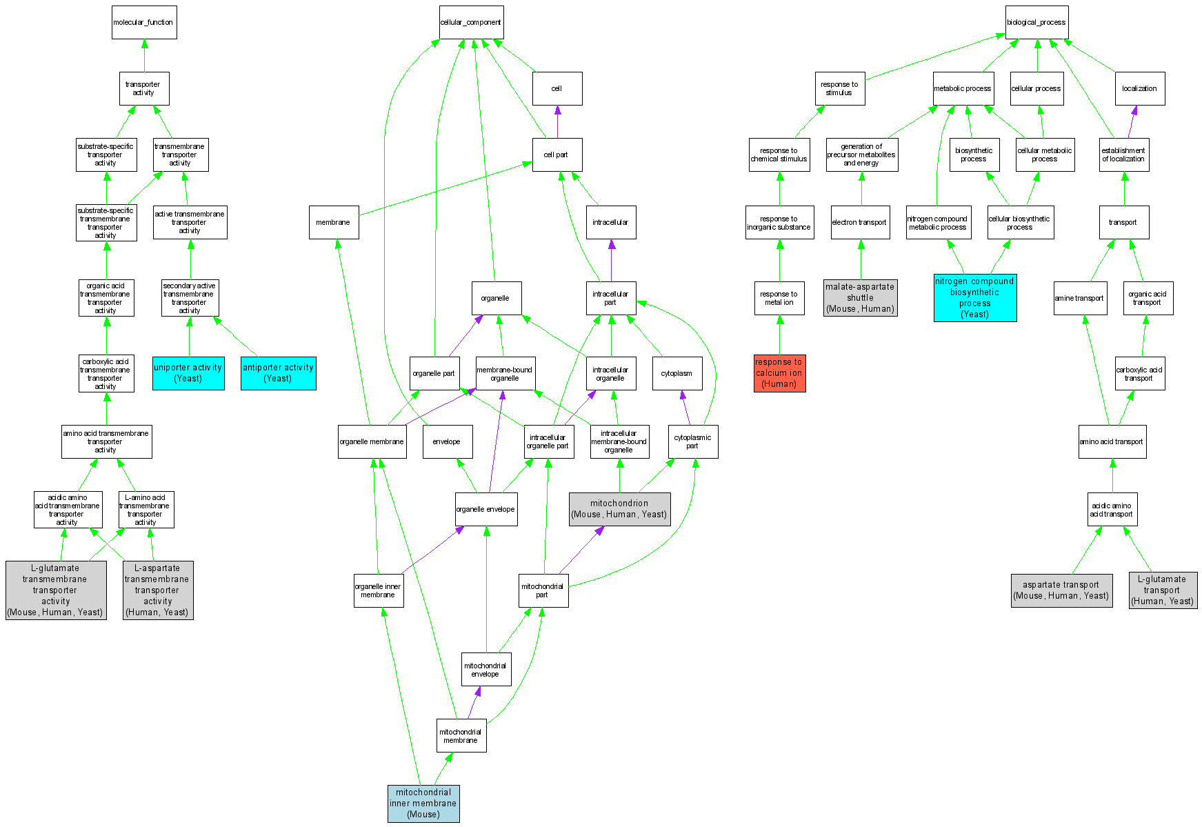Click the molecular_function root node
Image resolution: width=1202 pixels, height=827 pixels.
click(144, 23)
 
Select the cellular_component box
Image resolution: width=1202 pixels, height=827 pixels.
click(471, 23)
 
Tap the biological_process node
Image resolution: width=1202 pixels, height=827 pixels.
click(1036, 23)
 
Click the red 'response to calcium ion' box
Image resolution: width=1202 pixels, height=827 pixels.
click(779, 373)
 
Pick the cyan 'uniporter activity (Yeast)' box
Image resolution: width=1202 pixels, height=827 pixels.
click(188, 373)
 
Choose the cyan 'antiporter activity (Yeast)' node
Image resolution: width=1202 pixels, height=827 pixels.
click(278, 373)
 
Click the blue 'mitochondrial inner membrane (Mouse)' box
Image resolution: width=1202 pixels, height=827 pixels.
click(423, 804)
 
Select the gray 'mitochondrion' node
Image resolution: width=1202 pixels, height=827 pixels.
click(619, 509)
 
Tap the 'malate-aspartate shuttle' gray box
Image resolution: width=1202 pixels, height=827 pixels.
click(861, 298)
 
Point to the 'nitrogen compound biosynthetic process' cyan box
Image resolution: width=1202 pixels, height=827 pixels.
click(974, 298)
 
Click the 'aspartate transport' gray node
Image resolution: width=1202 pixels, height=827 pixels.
click(1061, 590)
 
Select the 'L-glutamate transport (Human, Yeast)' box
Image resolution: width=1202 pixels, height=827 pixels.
click(1162, 590)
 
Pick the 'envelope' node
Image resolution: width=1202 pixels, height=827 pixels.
click(447, 441)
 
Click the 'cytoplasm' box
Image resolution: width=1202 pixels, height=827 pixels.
click(677, 373)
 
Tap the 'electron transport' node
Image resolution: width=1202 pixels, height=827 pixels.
click(860, 222)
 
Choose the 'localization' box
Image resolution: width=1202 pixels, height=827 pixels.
click(1139, 88)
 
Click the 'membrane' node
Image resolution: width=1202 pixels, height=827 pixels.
click(334, 222)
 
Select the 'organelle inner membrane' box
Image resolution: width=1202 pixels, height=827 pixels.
click(378, 590)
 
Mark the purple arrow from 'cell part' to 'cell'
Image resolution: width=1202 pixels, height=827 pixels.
click(557, 122)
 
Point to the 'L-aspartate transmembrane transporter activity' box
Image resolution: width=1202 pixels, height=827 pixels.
click(158, 590)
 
